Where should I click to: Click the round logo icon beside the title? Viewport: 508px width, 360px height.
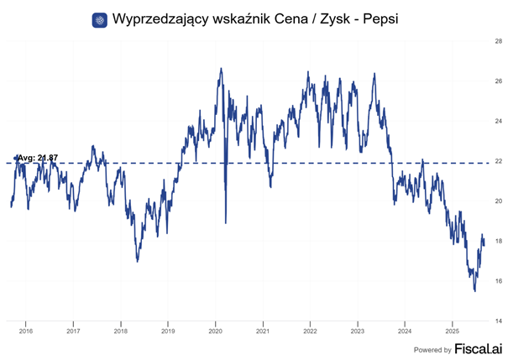[100, 18]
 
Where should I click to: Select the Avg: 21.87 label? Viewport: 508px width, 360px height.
[38, 158]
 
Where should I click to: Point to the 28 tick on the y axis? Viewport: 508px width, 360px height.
[497, 40]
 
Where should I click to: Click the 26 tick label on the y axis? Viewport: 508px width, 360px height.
[497, 81]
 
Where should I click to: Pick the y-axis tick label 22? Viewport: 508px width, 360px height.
[497, 161]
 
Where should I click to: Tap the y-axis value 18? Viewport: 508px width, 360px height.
[497, 242]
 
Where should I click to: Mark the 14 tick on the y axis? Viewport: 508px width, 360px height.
[497, 322]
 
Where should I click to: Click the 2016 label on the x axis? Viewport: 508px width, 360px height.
[25, 331]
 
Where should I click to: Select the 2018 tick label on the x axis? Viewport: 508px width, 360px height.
[120, 331]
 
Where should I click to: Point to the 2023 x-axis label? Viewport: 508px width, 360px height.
[357, 331]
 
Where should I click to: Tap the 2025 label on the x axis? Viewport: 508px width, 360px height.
[452, 331]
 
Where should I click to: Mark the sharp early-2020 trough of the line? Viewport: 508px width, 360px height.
[226, 222]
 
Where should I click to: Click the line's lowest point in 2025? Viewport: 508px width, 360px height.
[475, 291]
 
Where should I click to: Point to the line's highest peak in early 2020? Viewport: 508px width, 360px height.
[221, 69]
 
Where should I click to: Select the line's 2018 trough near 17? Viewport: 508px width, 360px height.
[137, 261]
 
